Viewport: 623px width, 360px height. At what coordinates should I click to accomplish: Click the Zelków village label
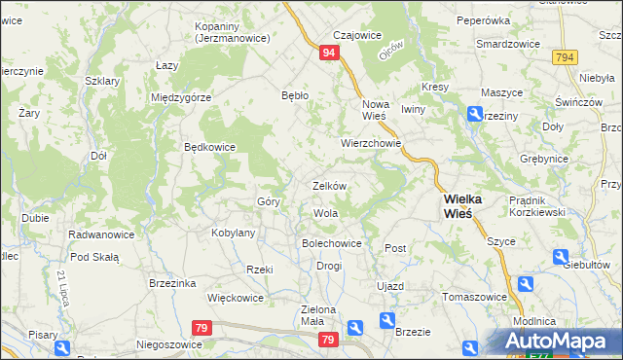[x=329, y=185]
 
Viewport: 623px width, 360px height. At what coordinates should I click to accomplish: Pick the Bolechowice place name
[x=332, y=243]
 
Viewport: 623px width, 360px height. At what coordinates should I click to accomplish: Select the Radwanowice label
[x=100, y=234]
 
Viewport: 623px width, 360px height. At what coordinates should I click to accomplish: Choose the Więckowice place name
[x=237, y=299]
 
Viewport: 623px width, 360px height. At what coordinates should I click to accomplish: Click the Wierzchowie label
[x=371, y=142]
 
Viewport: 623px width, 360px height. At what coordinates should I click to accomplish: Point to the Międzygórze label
[x=181, y=97]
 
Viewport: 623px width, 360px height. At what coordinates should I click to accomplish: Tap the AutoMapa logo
[x=554, y=342]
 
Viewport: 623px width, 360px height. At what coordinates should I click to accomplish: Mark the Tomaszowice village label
[x=474, y=297]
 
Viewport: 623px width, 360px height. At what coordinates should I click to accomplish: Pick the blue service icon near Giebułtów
[x=560, y=257]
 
